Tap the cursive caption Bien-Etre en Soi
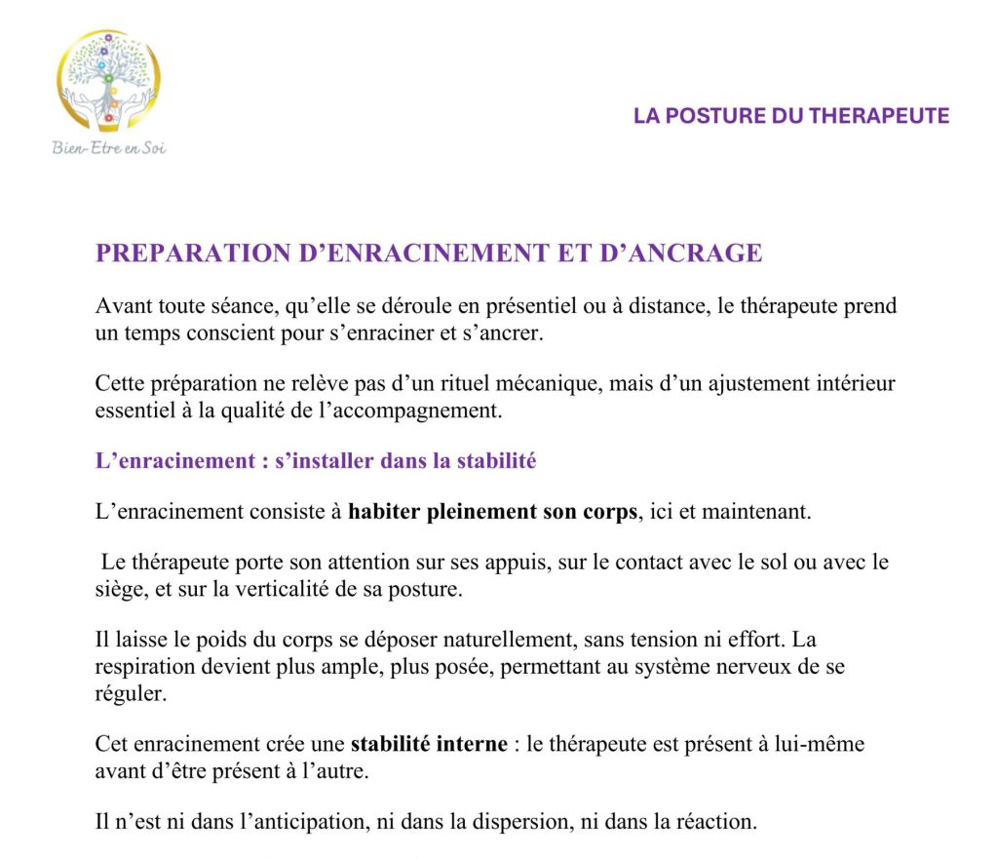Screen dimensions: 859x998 (x=109, y=148)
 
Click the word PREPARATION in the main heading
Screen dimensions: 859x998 (x=191, y=254)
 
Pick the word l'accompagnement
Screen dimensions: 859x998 (x=424, y=410)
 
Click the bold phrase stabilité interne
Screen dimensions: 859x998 (x=429, y=744)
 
